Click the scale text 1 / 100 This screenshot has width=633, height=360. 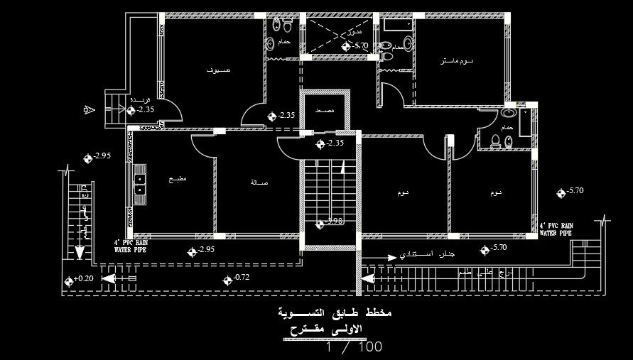(x=354, y=347)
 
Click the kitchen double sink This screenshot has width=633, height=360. (x=140, y=185)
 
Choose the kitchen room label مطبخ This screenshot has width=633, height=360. (x=177, y=180)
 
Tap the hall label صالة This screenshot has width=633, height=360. (x=259, y=182)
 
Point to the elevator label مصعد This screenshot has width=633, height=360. (x=325, y=111)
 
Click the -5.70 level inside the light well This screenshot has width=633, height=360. (x=359, y=46)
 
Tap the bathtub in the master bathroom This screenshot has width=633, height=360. (x=396, y=26)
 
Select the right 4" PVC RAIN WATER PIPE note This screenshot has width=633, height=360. (x=556, y=228)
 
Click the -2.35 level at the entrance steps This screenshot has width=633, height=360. (x=145, y=109)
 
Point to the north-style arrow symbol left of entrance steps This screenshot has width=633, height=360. (x=88, y=109)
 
